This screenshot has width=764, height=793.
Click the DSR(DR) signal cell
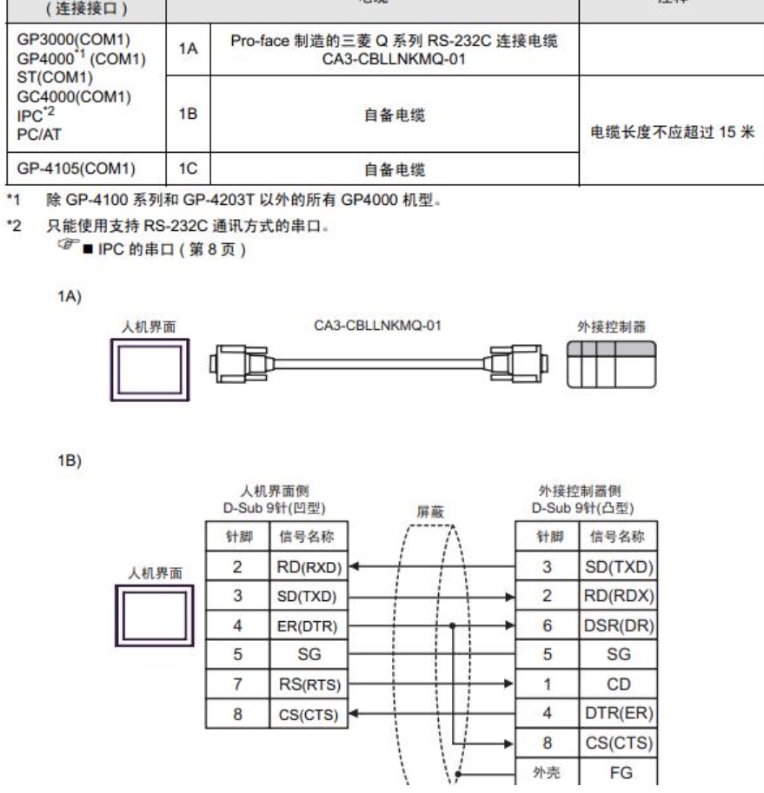(x=621, y=623)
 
